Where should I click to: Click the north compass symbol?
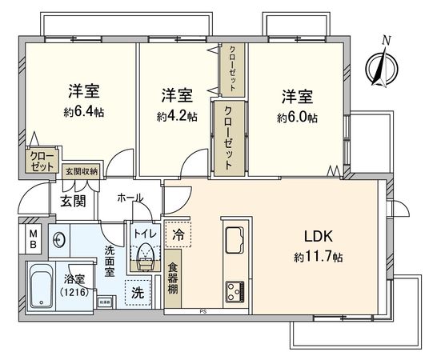click(381, 65)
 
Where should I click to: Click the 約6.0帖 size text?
click(297, 117)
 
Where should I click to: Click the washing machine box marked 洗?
click(138, 293)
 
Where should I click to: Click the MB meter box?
click(34, 238)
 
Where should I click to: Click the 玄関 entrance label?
click(72, 200)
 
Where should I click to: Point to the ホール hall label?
click(129, 198)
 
